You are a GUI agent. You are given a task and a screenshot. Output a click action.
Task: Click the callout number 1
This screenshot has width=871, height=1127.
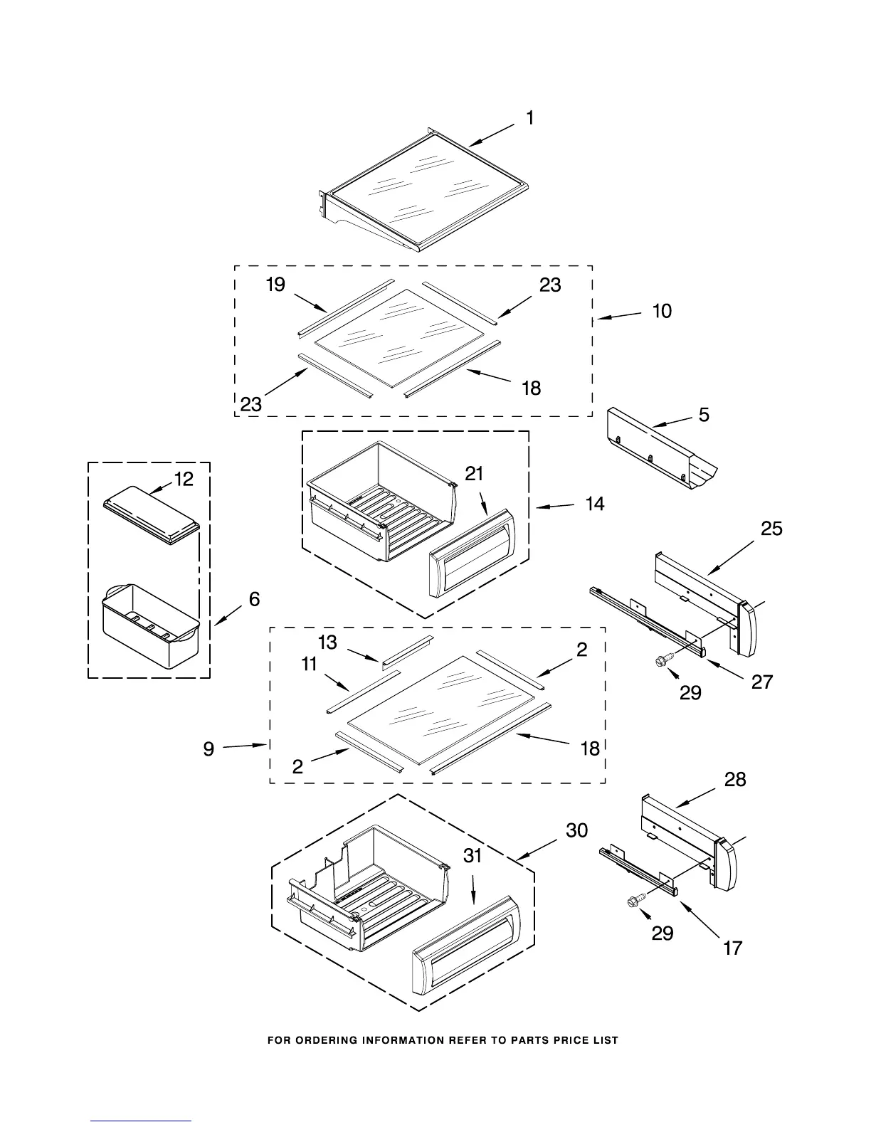[x=530, y=118]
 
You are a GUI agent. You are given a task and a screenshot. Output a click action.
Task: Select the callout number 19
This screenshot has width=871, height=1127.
[x=275, y=285]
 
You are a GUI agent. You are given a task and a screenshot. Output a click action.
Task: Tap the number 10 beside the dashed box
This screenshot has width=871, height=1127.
[x=662, y=311]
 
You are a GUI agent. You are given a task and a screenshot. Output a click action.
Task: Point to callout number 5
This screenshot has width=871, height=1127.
[x=704, y=414]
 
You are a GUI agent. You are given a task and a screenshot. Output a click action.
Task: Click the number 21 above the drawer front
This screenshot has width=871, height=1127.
[x=475, y=473]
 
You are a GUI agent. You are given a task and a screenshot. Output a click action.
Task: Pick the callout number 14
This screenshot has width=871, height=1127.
[x=595, y=504]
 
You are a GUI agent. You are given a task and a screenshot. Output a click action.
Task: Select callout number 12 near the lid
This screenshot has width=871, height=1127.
[x=184, y=480]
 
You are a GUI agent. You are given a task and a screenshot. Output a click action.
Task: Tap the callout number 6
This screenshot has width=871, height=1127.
[x=254, y=599]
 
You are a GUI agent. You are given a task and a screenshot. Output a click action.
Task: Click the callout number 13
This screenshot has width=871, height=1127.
[x=327, y=642]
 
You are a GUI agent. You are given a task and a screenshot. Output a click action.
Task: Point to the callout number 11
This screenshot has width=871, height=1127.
[x=309, y=665]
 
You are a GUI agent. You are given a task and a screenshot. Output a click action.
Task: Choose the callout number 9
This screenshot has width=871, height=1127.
[x=208, y=749]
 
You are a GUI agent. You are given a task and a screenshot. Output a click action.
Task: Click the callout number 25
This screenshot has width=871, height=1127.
[x=771, y=529]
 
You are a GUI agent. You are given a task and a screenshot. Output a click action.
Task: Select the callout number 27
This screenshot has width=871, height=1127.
[x=762, y=682]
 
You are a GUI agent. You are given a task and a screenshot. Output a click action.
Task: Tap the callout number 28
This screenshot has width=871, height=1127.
[x=735, y=780]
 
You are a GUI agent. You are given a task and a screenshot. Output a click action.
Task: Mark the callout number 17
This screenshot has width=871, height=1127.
[x=733, y=948]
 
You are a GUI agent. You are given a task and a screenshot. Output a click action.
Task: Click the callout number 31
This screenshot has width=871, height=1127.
[x=473, y=856]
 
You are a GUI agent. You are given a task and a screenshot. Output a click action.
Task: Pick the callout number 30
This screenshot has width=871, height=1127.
[x=577, y=830]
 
